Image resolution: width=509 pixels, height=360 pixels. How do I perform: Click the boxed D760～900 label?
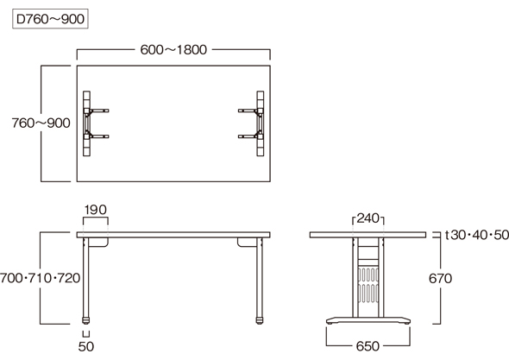[x=50, y=19]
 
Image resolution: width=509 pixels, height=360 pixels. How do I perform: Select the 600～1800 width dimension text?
[x=173, y=50]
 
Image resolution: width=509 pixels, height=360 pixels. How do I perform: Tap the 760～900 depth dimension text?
[x=41, y=123]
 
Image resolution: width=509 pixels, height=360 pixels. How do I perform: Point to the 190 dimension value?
[x=96, y=210]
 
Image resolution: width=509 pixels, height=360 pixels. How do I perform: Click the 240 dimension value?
[x=368, y=218]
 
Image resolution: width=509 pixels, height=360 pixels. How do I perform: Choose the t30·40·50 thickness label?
[x=476, y=235]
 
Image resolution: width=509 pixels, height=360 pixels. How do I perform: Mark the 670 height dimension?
[x=440, y=279]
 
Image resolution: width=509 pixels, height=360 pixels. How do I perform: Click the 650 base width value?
[x=368, y=346]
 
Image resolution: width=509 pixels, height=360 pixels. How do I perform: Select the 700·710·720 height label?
[x=41, y=278]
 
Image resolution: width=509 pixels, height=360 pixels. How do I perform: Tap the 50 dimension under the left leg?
[x=86, y=347]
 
